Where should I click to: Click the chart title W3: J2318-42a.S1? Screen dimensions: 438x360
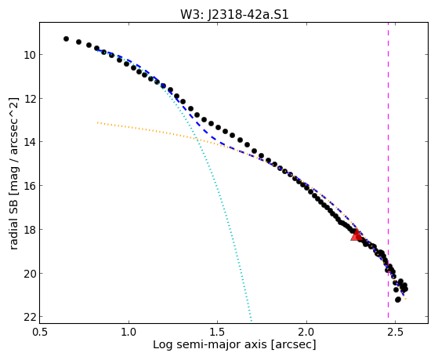[234, 15]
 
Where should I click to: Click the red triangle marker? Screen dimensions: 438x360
[357, 235]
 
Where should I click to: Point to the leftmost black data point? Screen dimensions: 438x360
[66, 38]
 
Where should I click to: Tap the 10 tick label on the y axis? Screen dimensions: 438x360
[29, 55]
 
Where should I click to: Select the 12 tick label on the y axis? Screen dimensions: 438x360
[29, 99]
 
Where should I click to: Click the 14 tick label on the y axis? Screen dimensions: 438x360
[29, 142]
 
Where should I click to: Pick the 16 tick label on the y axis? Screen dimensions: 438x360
[29, 185]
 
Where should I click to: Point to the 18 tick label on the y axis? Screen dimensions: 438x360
[29, 229]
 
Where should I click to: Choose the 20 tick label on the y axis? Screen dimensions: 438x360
[29, 273]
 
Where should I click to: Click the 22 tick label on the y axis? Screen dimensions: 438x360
[29, 317]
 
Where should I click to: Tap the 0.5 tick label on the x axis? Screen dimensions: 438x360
[40, 333]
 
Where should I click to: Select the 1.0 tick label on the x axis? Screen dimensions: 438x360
[129, 333]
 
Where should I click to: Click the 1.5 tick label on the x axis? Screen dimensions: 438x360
[217, 333]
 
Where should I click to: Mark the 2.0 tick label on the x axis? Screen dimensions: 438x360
[306, 333]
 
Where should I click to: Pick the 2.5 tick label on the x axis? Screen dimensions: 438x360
[395, 333]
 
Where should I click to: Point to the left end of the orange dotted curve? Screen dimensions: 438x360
[97, 122]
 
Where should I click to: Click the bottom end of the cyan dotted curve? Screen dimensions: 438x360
[252, 321]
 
